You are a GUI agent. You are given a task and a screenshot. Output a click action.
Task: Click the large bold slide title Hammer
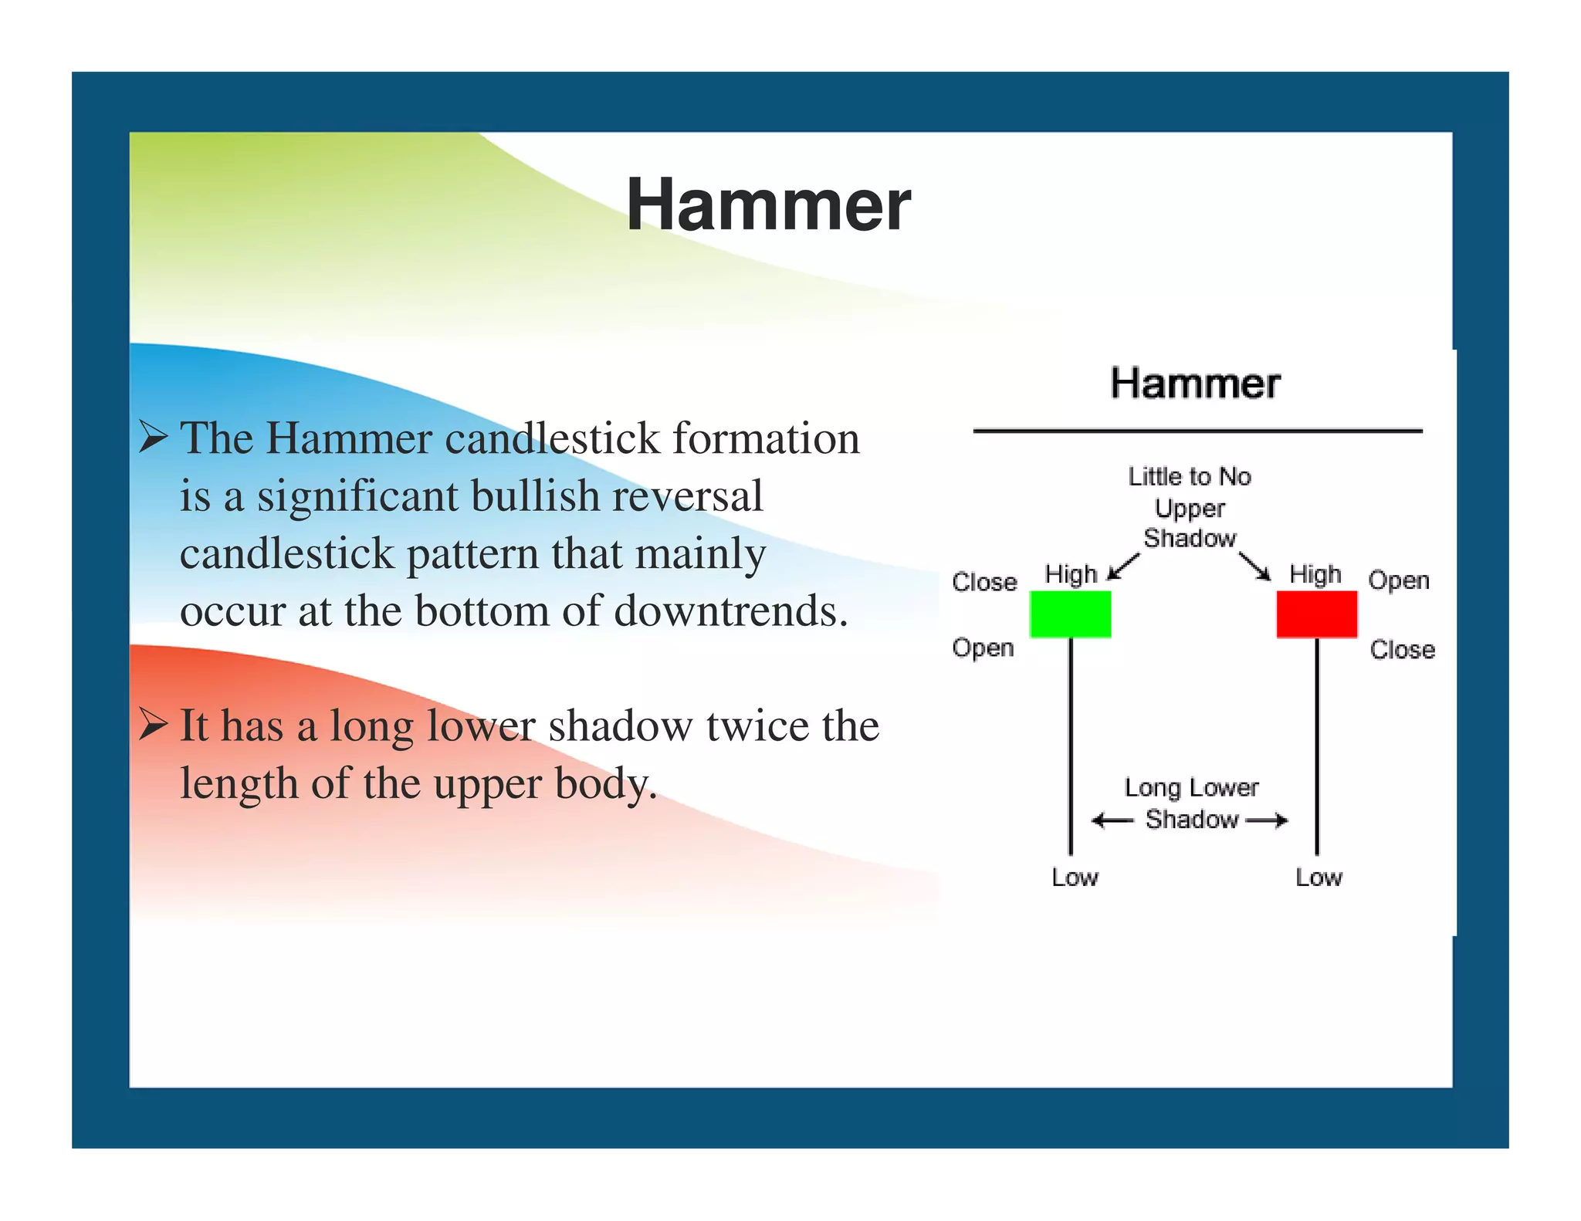(768, 205)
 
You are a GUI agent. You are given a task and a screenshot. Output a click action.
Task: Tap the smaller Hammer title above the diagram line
(1195, 384)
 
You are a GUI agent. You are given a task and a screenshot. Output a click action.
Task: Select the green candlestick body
(1070, 614)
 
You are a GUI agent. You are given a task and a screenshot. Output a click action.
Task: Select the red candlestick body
(1316, 614)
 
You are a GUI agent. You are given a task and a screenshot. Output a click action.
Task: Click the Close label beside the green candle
(984, 582)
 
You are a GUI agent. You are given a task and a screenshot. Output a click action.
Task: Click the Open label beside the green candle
(983, 648)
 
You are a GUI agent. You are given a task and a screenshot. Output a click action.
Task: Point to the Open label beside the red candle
(1398, 580)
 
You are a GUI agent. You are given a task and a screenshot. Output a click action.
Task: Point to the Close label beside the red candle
(1402, 650)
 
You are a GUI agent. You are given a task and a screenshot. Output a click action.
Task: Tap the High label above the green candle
(1071, 574)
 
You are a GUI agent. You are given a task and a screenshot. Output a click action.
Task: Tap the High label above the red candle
(1315, 574)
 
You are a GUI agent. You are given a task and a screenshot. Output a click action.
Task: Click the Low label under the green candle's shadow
(1075, 878)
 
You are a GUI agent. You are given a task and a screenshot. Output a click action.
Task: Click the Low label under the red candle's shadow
(1319, 878)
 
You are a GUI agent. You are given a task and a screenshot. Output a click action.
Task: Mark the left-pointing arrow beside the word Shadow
(1112, 820)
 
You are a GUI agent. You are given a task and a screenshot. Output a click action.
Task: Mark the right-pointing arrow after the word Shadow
(1267, 820)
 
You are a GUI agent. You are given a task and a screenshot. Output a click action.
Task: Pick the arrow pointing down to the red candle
(1255, 567)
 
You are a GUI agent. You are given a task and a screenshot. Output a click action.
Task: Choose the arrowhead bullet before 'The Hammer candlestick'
(154, 438)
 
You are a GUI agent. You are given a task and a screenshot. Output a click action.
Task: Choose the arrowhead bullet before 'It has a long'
(154, 725)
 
